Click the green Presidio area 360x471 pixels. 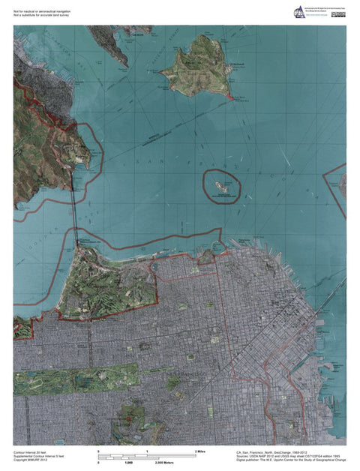(x=105, y=285)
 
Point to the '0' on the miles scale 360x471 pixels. (x=100, y=452)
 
